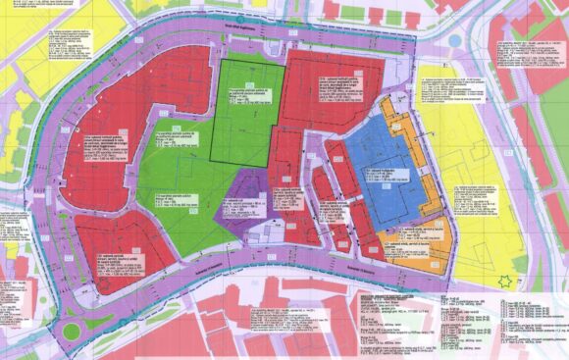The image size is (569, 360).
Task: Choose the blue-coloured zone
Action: point(378,157)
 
